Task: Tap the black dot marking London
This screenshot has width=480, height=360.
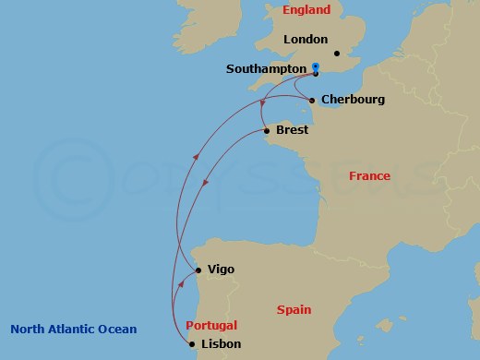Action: tap(338, 53)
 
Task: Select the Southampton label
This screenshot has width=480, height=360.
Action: tap(265, 69)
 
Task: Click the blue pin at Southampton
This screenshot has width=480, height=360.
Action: tap(316, 67)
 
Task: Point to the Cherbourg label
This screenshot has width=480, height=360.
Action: tap(354, 100)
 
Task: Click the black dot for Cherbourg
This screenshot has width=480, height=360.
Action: tap(313, 100)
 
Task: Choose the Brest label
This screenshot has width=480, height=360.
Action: tap(292, 131)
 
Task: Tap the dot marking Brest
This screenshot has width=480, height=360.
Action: tap(266, 131)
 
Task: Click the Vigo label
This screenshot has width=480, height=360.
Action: tap(222, 270)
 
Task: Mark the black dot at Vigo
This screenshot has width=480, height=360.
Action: tap(198, 270)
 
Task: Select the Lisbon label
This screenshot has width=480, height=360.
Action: tap(221, 344)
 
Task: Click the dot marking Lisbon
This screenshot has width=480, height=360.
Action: tap(192, 345)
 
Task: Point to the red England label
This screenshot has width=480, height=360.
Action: tap(306, 10)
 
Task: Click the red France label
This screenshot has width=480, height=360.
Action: tap(369, 175)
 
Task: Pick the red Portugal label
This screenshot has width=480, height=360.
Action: tap(211, 325)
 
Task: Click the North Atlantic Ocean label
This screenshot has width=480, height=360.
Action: tap(74, 329)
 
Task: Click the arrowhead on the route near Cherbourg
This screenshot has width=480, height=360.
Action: tap(264, 103)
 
